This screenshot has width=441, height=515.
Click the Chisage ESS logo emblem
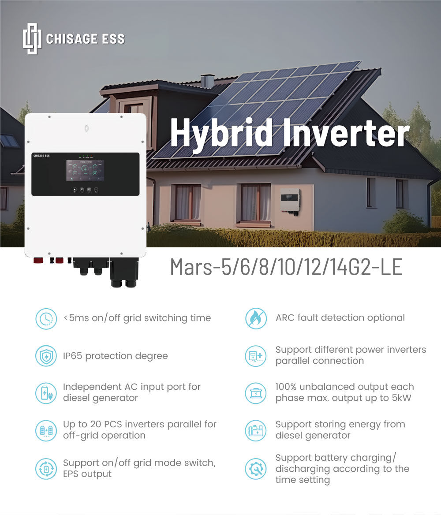tap(32, 39)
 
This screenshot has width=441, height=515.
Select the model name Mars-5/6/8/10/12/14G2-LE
tap(286, 267)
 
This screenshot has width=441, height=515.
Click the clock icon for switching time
tap(46, 318)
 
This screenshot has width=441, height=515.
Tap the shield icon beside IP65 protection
tap(46, 356)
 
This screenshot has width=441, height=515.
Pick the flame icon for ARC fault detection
tap(256, 318)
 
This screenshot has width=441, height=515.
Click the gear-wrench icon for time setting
tap(256, 469)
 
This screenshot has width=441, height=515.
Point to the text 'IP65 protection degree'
tap(115, 356)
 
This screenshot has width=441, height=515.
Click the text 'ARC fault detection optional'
tap(340, 318)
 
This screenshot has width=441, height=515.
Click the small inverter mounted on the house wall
tap(290, 200)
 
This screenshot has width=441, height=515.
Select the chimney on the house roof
tap(207, 82)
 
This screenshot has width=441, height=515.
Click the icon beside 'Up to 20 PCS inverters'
tap(46, 430)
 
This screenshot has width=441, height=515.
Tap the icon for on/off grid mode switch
tap(46, 469)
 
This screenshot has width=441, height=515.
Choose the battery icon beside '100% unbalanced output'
tap(256, 393)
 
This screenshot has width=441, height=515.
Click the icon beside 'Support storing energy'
tap(256, 430)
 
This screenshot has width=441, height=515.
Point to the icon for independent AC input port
tap(46, 393)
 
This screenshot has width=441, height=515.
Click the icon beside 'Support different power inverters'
tap(256, 356)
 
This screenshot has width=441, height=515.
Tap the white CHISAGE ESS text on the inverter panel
tap(41, 156)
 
